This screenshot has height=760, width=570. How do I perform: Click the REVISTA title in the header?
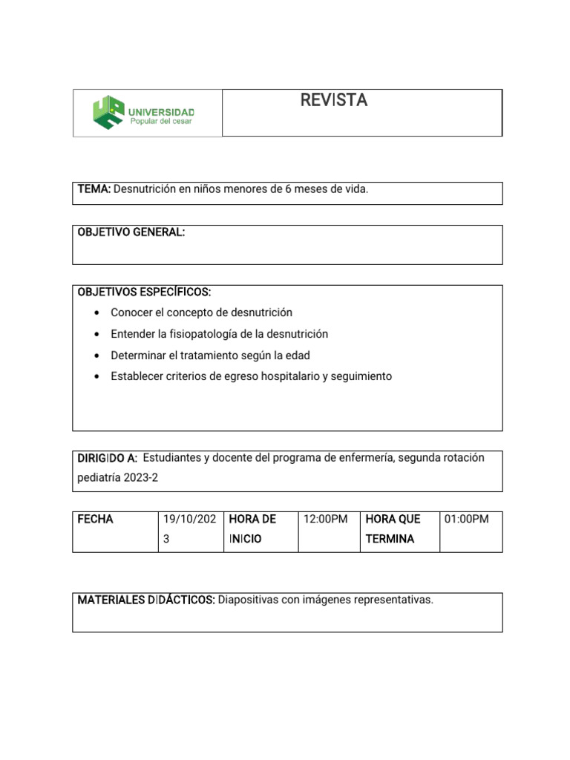pyautogui.click(x=333, y=101)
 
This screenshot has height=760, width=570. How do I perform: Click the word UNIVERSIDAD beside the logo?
pyautogui.click(x=162, y=111)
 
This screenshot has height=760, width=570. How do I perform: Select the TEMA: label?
pyautogui.click(x=94, y=189)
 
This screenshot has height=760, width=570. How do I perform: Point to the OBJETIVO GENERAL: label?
pyautogui.click(x=131, y=232)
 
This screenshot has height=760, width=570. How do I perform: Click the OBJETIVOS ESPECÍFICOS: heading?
pyautogui.click(x=144, y=292)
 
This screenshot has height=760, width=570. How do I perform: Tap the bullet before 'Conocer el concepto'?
pyautogui.click(x=97, y=313)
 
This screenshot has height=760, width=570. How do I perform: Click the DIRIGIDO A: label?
pyautogui.click(x=108, y=458)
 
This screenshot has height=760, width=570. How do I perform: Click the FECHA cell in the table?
pyautogui.click(x=96, y=519)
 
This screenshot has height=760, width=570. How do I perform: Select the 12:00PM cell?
pyautogui.click(x=326, y=519)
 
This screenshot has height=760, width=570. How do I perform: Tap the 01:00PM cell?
pyautogui.click(x=467, y=519)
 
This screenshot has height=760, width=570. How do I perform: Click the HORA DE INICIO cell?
pyautogui.click(x=252, y=528)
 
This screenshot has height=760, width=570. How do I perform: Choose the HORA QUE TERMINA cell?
pyautogui.click(x=393, y=528)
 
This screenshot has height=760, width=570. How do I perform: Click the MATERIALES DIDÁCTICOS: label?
pyautogui.click(x=146, y=600)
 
